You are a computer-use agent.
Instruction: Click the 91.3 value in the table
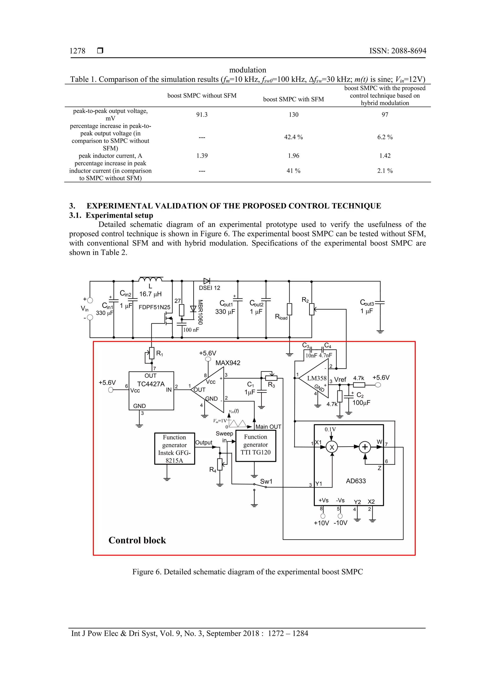click(x=202, y=115)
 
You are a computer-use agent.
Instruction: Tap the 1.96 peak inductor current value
click(x=294, y=156)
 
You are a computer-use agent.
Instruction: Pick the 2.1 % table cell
click(x=385, y=171)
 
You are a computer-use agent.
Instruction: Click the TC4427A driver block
click(x=151, y=390)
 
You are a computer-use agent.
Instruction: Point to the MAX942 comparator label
click(x=228, y=363)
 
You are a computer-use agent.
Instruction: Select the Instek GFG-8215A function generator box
click(x=174, y=448)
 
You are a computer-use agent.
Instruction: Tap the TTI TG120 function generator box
click(x=255, y=446)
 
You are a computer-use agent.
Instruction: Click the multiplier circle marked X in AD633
click(x=332, y=447)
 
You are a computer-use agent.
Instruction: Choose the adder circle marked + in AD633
click(x=364, y=447)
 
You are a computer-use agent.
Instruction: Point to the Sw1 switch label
click(x=266, y=481)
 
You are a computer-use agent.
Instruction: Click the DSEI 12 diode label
click(x=209, y=288)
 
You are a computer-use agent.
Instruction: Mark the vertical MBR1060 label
click(x=200, y=312)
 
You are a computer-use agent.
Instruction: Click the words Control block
click(x=137, y=540)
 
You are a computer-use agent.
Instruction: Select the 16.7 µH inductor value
click(x=150, y=294)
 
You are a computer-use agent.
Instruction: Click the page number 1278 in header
click(x=77, y=51)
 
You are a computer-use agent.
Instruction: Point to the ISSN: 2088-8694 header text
click(x=398, y=51)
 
